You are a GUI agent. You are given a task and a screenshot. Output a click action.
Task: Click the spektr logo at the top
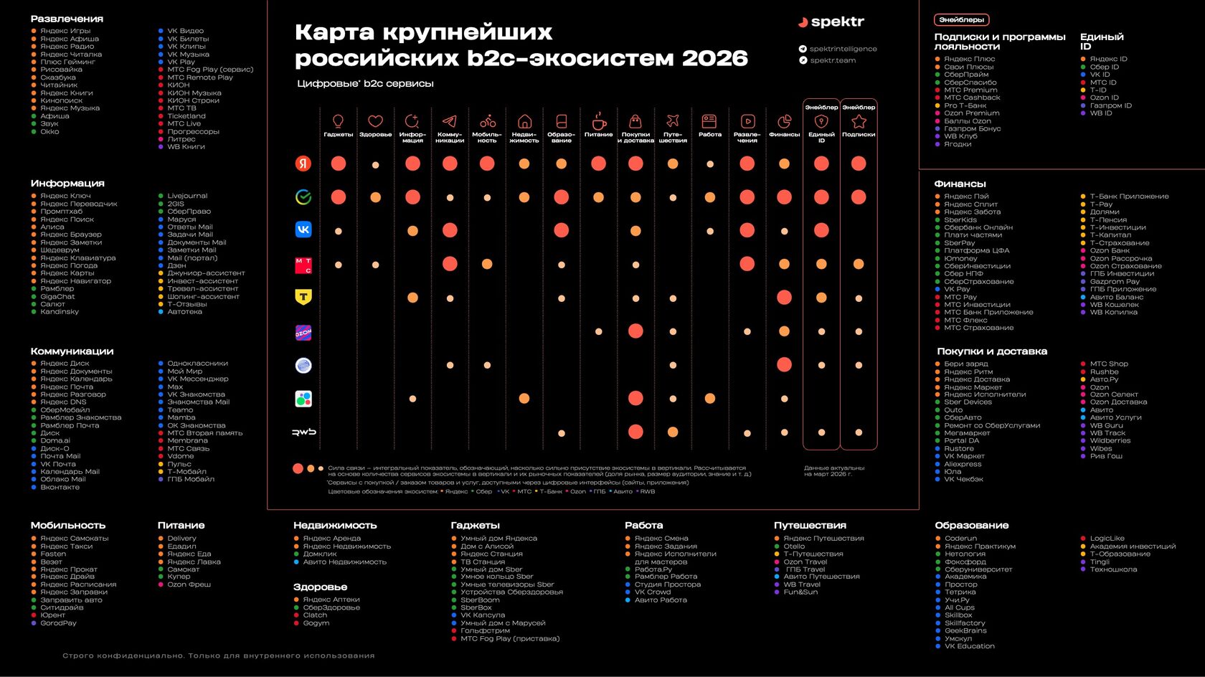click(831, 22)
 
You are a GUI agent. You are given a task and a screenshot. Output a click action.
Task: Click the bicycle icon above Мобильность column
click(487, 121)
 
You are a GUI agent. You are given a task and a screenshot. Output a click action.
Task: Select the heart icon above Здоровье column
click(375, 121)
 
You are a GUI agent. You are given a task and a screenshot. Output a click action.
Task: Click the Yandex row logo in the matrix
click(303, 164)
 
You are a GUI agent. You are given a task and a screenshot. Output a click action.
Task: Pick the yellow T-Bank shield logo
click(303, 297)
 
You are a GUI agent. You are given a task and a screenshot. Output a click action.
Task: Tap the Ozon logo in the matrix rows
click(303, 332)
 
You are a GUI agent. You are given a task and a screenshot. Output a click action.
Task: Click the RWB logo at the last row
click(303, 432)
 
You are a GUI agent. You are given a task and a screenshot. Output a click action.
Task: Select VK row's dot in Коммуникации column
click(450, 230)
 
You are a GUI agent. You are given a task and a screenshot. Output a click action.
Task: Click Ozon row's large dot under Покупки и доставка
click(635, 331)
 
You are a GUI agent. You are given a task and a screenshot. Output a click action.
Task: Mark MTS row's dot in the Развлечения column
click(747, 264)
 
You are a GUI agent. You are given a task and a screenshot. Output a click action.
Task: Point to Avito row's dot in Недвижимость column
click(524, 399)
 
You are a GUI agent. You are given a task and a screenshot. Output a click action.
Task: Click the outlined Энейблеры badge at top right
click(961, 20)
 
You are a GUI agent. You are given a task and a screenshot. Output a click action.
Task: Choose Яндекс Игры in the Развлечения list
click(65, 31)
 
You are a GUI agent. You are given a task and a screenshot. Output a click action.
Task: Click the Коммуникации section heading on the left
click(72, 351)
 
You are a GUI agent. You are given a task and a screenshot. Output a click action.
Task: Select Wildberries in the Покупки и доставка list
click(1110, 440)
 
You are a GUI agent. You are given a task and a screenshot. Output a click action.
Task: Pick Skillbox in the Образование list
click(958, 615)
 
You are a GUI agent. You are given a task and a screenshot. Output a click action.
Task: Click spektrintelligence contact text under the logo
click(843, 49)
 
